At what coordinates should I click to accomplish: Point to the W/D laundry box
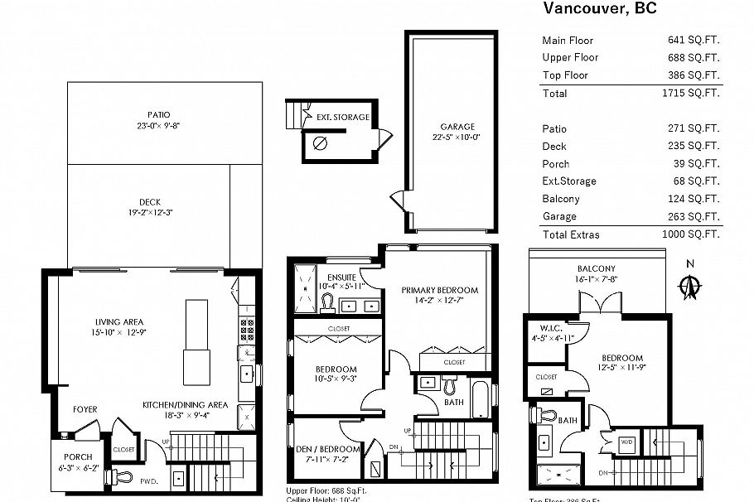pyautogui.click(x=628, y=442)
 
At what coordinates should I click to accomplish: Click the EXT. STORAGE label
pyautogui.click(x=342, y=118)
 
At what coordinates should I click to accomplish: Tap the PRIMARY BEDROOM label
pyautogui.click(x=439, y=290)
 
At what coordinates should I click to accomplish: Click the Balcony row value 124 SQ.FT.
pyautogui.click(x=694, y=199)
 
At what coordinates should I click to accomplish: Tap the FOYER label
pyautogui.click(x=85, y=409)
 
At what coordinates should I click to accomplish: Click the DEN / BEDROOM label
pyautogui.click(x=327, y=450)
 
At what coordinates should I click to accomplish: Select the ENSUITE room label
pyautogui.click(x=341, y=277)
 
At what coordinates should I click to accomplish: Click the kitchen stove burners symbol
pyautogui.click(x=246, y=327)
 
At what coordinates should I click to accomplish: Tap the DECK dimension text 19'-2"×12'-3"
pyautogui.click(x=150, y=212)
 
